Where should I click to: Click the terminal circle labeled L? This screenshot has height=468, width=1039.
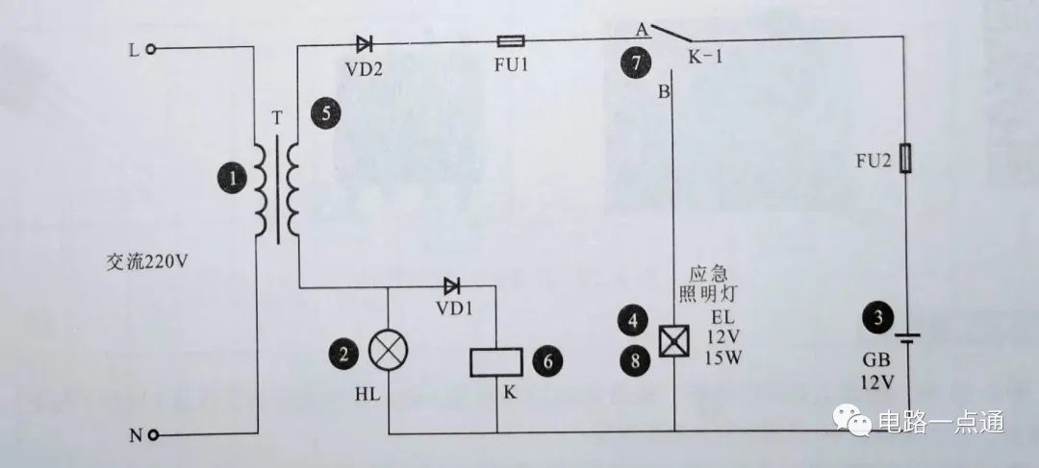coord(152,48)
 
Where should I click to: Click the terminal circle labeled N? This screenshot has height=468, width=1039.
coord(152,434)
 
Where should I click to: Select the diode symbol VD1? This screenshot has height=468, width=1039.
coord(451,285)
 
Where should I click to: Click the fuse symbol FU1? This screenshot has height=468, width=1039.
coord(509,41)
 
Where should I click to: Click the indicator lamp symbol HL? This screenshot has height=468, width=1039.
coord(388,355)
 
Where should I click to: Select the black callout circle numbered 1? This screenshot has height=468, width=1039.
coord(232,176)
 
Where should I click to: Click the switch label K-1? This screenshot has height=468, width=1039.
coord(705,59)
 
